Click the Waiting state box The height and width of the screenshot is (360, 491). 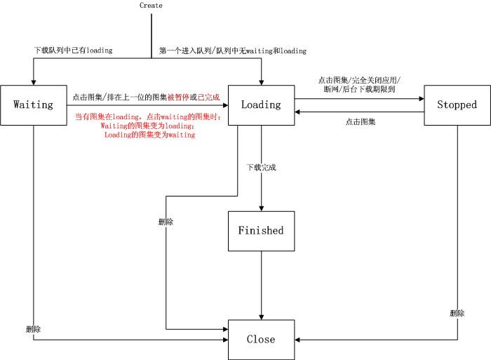click(x=34, y=105)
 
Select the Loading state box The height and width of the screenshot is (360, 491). click(x=261, y=105)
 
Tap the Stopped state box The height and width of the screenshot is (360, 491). click(x=457, y=105)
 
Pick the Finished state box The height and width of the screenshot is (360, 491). click(x=261, y=230)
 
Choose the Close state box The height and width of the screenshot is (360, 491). click(x=261, y=339)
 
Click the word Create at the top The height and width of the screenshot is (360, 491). click(x=151, y=6)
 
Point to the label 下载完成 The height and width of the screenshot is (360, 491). click(x=261, y=168)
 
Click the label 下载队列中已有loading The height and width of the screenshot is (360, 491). click(x=73, y=51)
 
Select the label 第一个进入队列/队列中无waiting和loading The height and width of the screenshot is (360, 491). click(x=233, y=51)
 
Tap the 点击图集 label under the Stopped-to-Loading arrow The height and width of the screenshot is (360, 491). click(x=361, y=122)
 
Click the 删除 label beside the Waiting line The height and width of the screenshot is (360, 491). click(x=33, y=328)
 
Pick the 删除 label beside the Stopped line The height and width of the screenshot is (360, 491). click(x=457, y=313)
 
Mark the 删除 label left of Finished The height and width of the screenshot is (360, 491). click(x=166, y=222)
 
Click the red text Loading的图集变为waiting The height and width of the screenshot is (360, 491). click(x=149, y=135)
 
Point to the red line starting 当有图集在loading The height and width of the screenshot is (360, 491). click(x=148, y=116)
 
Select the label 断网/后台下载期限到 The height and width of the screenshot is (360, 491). click(x=359, y=90)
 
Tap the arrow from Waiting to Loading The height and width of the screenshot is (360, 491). click(x=147, y=105)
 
